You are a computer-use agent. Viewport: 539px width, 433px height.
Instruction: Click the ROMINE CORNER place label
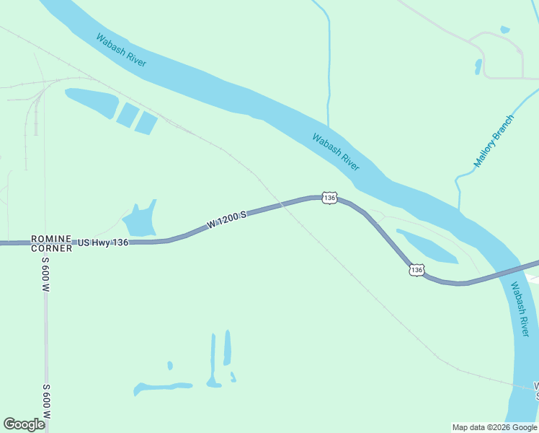[x=51, y=243]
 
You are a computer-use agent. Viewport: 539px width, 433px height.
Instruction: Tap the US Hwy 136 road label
[x=102, y=242]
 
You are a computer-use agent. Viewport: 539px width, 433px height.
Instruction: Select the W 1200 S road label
[x=227, y=219]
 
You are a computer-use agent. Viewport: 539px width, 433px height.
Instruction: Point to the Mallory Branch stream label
[x=494, y=141]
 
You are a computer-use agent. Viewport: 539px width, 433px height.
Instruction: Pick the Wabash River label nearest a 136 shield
[x=336, y=152]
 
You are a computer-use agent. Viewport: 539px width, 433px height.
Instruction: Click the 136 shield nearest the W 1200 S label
[x=329, y=198]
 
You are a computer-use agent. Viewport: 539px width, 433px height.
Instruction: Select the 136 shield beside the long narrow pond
[x=416, y=270]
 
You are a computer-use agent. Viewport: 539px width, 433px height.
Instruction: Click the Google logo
[x=24, y=424]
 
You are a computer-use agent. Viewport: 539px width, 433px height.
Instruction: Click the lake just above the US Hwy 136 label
[x=141, y=219]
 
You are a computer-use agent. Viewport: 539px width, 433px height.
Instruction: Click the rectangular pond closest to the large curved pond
[x=128, y=114]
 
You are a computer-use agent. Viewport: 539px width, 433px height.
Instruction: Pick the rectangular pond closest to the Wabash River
[x=146, y=123]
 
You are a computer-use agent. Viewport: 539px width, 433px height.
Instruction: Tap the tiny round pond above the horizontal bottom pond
[x=170, y=365]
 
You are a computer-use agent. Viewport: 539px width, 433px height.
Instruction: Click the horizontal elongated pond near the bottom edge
[x=163, y=388]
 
